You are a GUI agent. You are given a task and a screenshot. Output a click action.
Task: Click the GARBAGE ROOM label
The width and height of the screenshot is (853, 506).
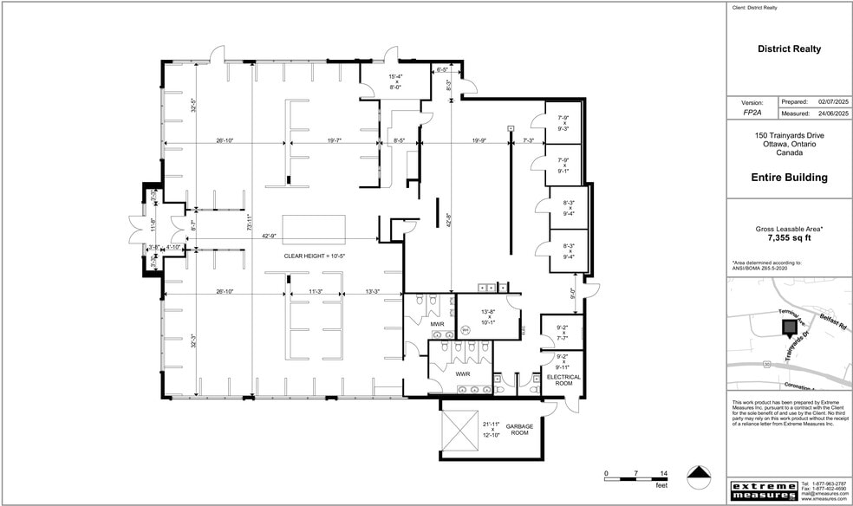tap(518, 430)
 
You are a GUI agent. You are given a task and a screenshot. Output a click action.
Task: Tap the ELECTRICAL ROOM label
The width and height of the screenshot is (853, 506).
tap(563, 381)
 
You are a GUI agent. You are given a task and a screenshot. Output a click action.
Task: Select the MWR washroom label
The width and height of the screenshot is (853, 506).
tap(437, 324)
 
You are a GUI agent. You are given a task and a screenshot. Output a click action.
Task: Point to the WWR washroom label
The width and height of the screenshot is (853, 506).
tap(462, 373)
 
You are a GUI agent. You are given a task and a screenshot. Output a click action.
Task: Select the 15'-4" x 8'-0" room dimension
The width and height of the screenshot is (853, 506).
tap(394, 81)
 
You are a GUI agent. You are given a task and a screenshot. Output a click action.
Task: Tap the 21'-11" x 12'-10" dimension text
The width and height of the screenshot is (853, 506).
tap(492, 428)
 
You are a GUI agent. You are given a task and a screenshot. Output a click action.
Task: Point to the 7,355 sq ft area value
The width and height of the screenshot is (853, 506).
tap(789, 237)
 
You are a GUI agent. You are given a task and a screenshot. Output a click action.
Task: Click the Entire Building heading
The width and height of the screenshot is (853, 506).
tap(789, 178)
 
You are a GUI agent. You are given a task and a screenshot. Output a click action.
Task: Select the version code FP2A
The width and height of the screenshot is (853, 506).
tap(752, 113)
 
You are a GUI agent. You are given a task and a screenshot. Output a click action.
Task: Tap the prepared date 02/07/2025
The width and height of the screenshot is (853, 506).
tap(830, 101)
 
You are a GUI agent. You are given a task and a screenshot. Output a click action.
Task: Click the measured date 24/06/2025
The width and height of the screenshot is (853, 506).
tap(830, 113)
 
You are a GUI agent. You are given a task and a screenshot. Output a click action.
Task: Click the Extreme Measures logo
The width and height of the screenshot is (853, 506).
tap(762, 490)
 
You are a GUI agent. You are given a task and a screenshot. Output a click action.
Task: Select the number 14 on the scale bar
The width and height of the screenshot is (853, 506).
tap(663, 473)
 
